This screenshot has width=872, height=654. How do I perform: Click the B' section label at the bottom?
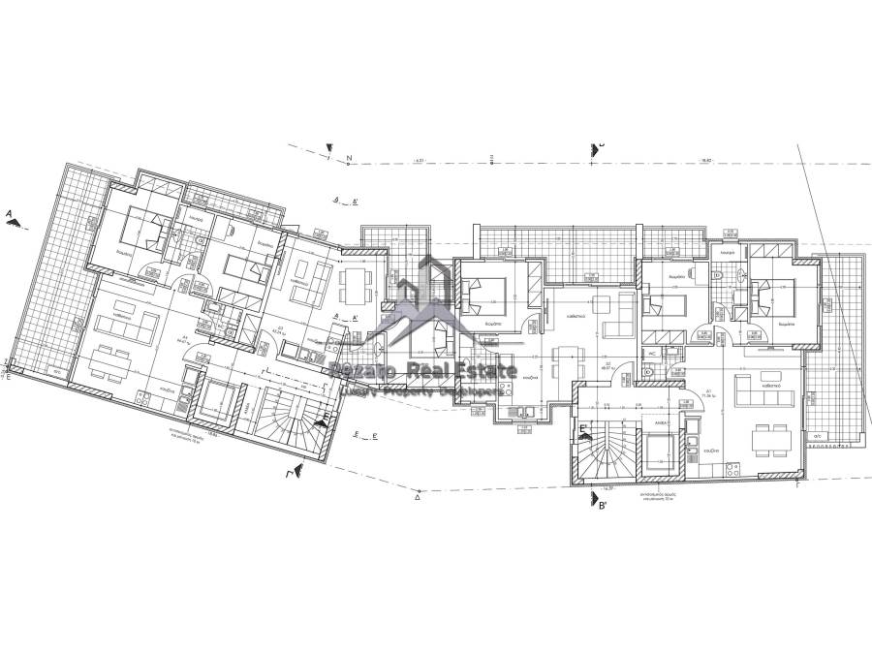click(x=602, y=505)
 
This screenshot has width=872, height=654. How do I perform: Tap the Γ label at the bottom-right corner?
click(x=796, y=483)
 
